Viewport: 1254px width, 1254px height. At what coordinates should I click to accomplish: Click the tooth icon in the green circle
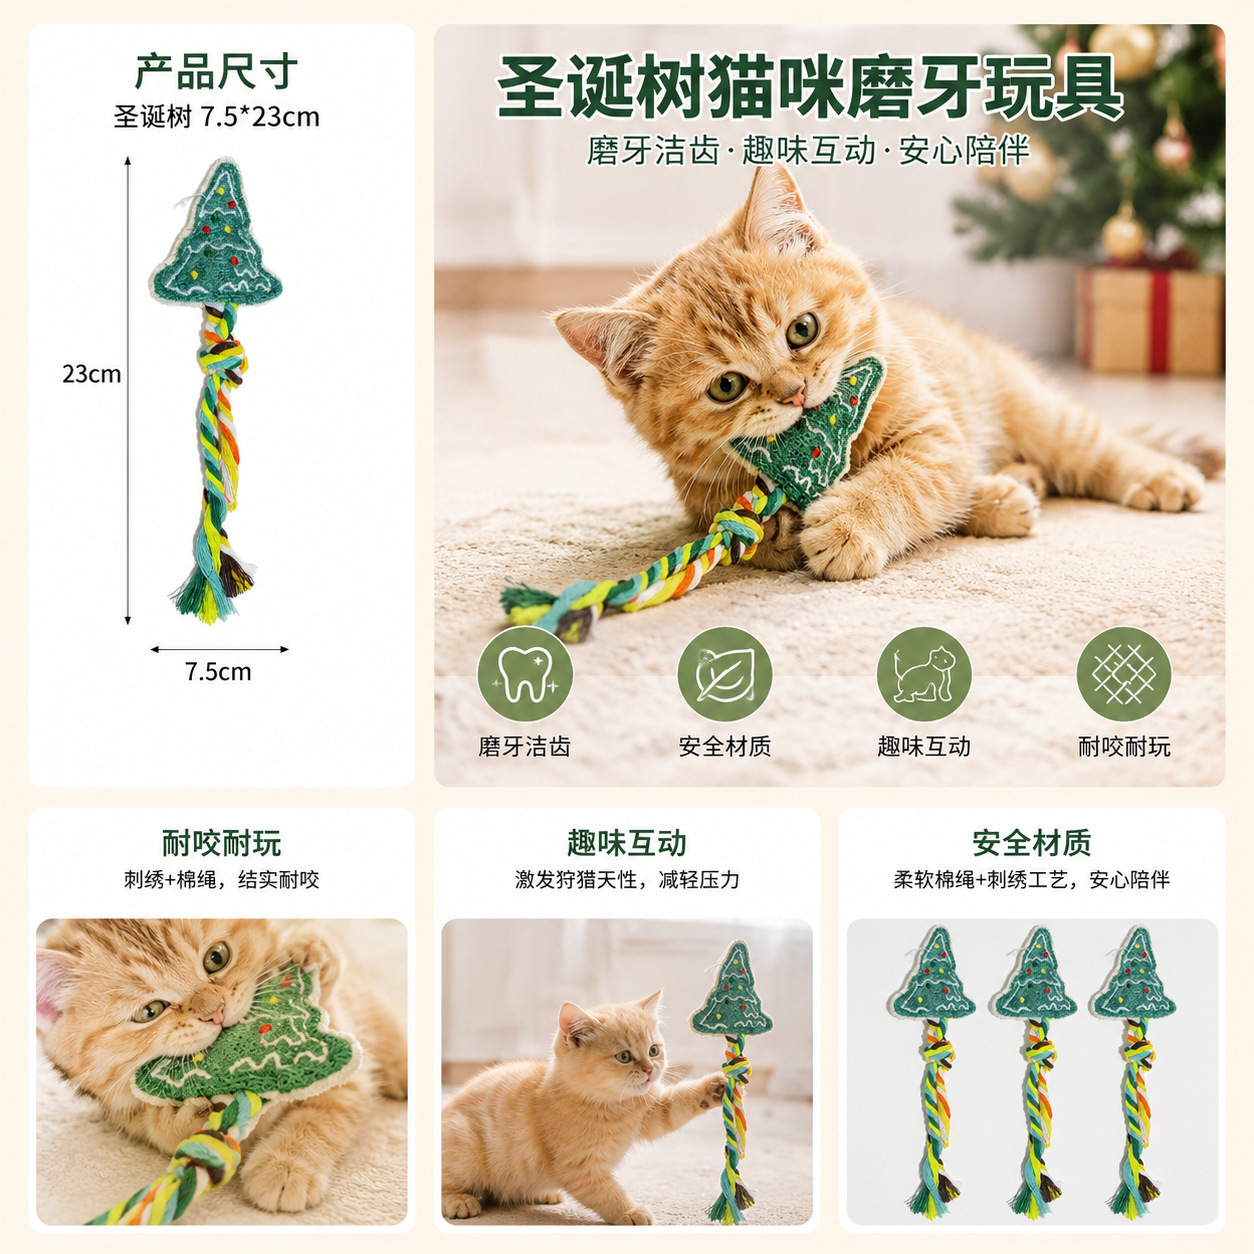[x=525, y=674]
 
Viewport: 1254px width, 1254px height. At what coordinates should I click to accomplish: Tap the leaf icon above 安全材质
[x=724, y=674]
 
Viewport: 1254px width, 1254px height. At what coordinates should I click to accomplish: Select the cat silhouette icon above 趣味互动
[x=923, y=674]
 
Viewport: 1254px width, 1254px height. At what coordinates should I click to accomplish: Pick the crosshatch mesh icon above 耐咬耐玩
[x=1123, y=674]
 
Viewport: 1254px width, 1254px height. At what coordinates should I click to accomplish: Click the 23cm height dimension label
[x=92, y=374]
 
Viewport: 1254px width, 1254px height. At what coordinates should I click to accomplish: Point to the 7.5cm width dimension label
[x=218, y=672]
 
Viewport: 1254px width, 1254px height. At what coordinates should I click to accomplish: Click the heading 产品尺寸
[x=216, y=72]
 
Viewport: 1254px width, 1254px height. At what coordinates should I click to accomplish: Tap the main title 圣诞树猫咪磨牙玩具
[x=810, y=87]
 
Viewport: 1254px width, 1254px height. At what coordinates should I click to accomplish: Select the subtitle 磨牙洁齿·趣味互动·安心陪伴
[x=808, y=151]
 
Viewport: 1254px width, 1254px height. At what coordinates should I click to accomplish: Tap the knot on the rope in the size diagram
[x=223, y=359]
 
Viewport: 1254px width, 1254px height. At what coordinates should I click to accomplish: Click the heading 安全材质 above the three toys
[x=1032, y=843]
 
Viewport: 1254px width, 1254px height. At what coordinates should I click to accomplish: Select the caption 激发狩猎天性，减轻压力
[x=627, y=880]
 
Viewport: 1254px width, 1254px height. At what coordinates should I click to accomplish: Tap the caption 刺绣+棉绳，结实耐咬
[x=222, y=880]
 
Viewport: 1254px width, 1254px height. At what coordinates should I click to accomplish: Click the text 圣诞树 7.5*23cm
[x=217, y=117]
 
